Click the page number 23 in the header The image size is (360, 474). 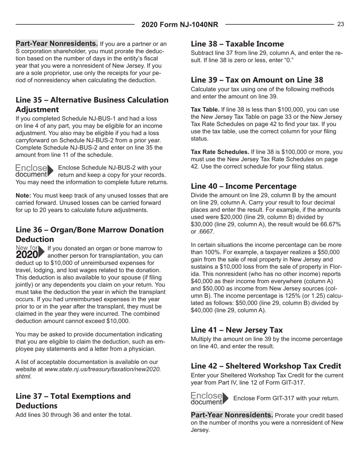point(341,24)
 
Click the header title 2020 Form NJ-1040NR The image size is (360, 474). point(180,25)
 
